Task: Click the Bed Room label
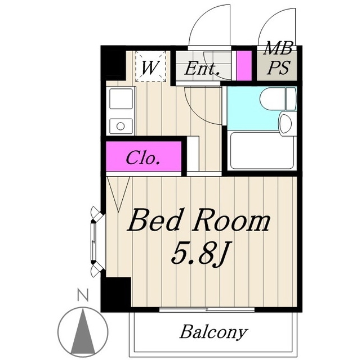click(198, 220)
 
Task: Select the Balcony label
click(213, 332)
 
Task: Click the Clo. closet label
click(142, 157)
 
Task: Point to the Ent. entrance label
click(202, 68)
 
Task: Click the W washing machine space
click(150, 67)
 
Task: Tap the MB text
click(278, 48)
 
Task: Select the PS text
click(278, 67)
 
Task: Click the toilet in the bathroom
click(278, 99)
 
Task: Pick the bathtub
click(262, 151)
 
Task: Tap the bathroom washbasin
click(285, 123)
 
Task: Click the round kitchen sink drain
click(121, 126)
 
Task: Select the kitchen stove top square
click(121, 98)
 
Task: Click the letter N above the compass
click(83, 296)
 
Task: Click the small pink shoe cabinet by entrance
click(244, 65)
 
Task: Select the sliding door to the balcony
click(207, 309)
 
